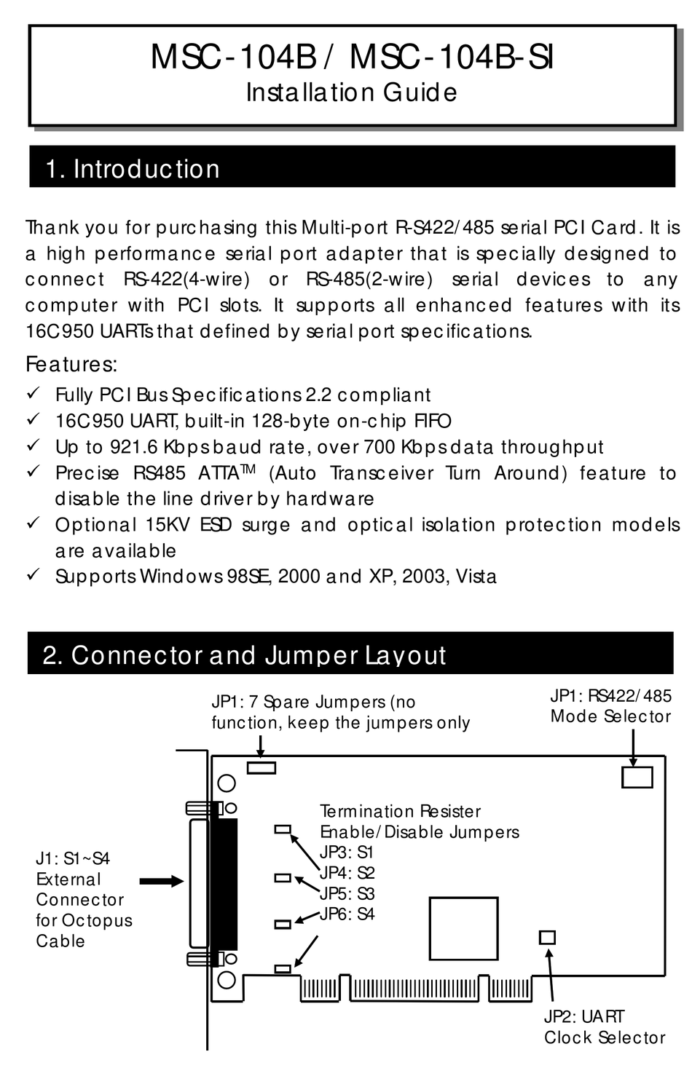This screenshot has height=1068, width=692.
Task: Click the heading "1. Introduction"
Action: pyautogui.click(x=132, y=169)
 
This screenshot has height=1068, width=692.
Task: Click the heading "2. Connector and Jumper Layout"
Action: pyautogui.click(x=244, y=654)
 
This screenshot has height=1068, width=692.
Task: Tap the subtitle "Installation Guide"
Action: pyautogui.click(x=351, y=92)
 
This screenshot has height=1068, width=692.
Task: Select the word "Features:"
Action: pyautogui.click(x=71, y=363)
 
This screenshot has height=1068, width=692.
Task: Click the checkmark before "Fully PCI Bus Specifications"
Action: pyautogui.click(x=33, y=394)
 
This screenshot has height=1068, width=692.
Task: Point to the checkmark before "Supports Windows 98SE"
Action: pyautogui.click(x=33, y=575)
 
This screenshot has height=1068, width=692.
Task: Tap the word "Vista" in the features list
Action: pyautogui.click(x=476, y=577)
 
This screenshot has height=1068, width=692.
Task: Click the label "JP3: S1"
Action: pyautogui.click(x=346, y=853)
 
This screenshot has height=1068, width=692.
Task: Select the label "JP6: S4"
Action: pyautogui.click(x=347, y=914)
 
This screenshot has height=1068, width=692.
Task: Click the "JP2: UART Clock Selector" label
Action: pyautogui.click(x=604, y=1027)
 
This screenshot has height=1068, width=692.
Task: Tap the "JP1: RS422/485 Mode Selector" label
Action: pyautogui.click(x=610, y=706)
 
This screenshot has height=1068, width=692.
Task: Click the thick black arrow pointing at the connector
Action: pyautogui.click(x=161, y=881)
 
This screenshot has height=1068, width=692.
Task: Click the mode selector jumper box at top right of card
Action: pyautogui.click(x=637, y=778)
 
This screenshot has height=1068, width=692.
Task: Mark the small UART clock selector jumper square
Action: pyautogui.click(x=546, y=937)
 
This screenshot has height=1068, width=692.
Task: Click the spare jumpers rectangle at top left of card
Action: pyautogui.click(x=262, y=767)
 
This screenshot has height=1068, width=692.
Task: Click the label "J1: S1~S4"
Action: pyautogui.click(x=73, y=859)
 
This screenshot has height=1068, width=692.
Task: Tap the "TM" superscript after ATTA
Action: pyautogui.click(x=248, y=467)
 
